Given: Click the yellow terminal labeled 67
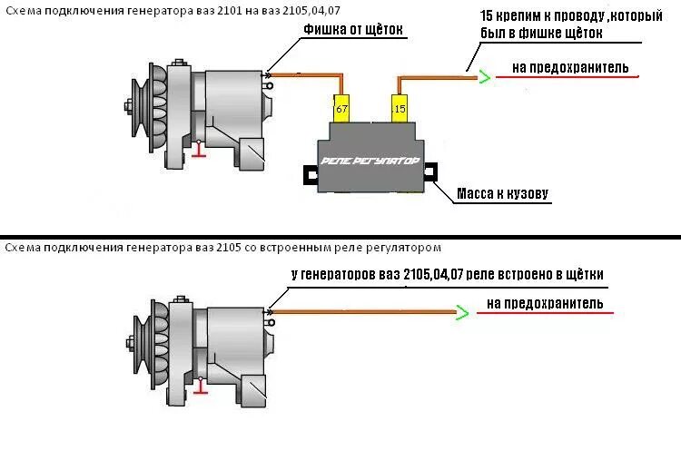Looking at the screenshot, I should [341, 108].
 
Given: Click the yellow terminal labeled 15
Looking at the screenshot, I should [399, 108].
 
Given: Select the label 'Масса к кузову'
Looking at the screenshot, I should [502, 193].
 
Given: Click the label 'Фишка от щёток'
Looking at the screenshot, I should [354, 31].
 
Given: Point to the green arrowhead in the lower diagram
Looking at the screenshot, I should [462, 313].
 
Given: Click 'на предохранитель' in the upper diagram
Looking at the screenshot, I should [569, 67].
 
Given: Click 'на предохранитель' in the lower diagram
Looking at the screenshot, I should [545, 303].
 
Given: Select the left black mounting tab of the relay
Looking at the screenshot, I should [310, 171].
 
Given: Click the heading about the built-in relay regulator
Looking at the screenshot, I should [222, 247].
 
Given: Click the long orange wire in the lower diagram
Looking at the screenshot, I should [363, 313].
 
